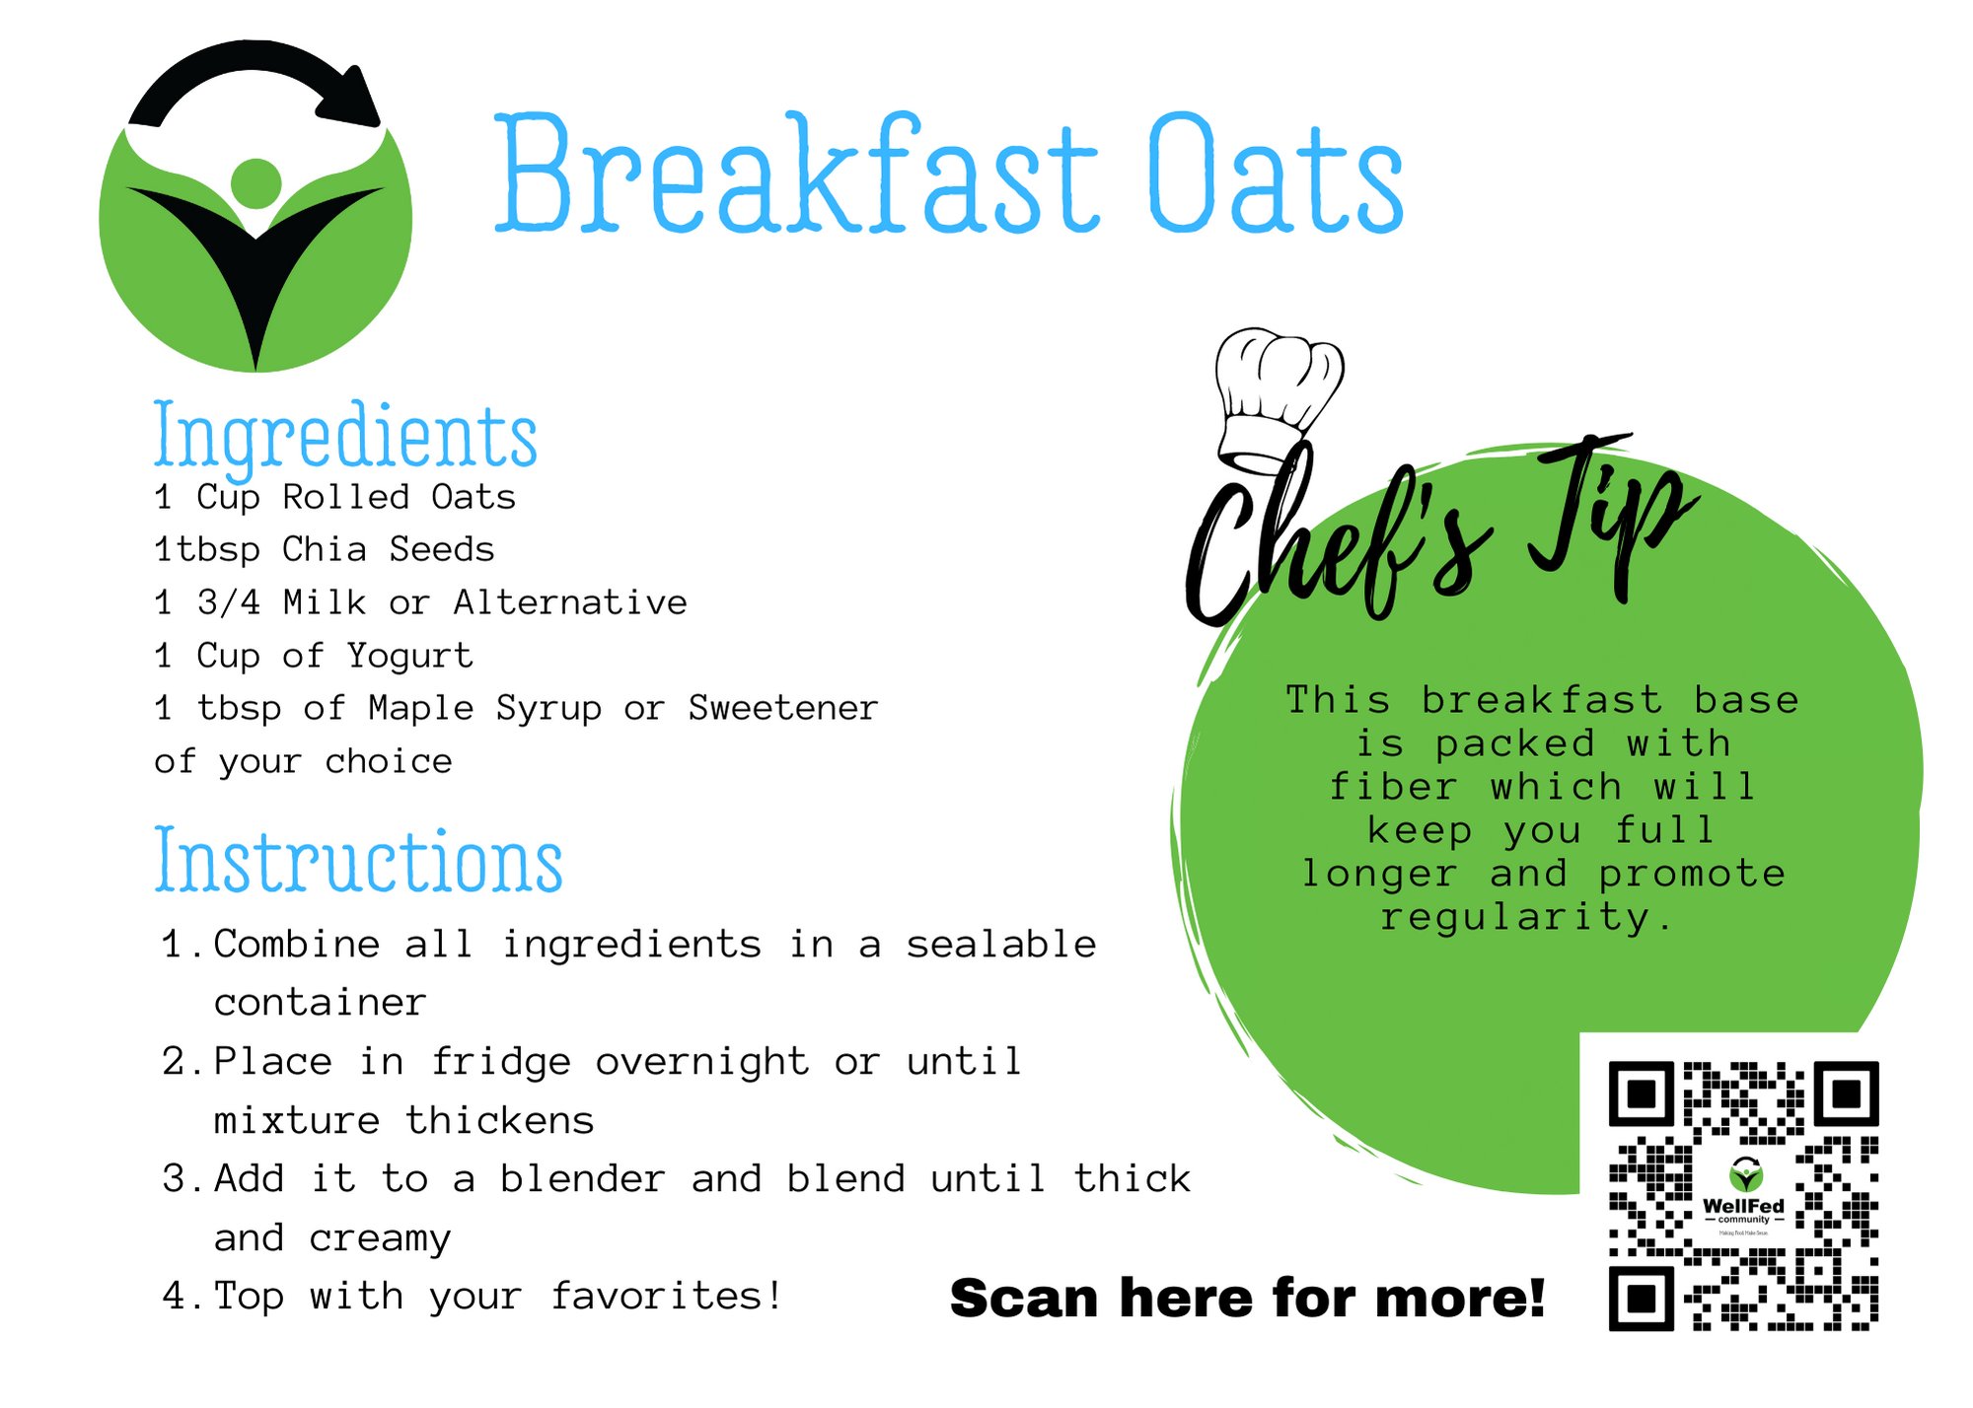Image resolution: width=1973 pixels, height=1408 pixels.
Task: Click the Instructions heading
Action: pyautogui.click(x=358, y=861)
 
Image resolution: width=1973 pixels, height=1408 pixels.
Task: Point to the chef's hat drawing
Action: pyautogui.click(x=1278, y=399)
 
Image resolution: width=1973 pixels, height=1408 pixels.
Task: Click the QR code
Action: pyautogui.click(x=1743, y=1196)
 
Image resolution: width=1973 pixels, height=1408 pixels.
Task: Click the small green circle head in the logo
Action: pyautogui.click(x=256, y=183)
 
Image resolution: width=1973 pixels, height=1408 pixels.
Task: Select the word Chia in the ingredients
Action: pyautogui.click(x=325, y=549)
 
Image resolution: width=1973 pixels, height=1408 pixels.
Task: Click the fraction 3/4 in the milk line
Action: pyautogui.click(x=229, y=602)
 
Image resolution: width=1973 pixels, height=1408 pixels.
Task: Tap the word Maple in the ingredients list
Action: pyautogui.click(x=421, y=709)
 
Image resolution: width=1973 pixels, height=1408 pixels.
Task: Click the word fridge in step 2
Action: pyautogui.click(x=501, y=1063)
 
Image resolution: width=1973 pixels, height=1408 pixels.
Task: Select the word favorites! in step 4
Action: pyautogui.click(x=667, y=1296)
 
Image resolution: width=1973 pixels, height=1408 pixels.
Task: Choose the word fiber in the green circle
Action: pyautogui.click(x=1393, y=787)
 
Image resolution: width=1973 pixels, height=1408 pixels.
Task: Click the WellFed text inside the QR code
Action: pyautogui.click(x=1743, y=1206)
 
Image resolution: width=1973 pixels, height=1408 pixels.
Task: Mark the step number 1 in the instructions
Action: pyautogui.click(x=175, y=945)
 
